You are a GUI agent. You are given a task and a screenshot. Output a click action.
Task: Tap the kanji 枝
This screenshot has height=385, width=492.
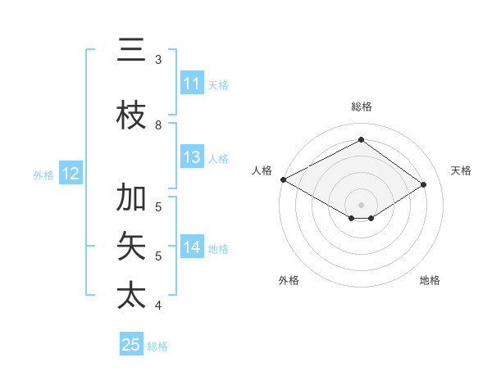coord(131,115)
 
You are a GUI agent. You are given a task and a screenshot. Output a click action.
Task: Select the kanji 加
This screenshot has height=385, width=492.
coord(131,197)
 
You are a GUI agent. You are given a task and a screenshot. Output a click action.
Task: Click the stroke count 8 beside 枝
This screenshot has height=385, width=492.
coord(158,125)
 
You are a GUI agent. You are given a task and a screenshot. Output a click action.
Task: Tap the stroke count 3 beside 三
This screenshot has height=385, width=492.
coord(158,60)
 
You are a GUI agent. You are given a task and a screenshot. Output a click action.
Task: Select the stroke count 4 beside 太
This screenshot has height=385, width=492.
coord(158,306)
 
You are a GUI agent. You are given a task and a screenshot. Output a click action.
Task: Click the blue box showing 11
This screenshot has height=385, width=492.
coord(192,84)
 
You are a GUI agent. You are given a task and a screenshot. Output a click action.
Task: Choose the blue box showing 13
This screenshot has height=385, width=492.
coord(192,157)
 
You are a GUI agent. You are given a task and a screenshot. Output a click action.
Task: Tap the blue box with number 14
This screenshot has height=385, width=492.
coord(192,247)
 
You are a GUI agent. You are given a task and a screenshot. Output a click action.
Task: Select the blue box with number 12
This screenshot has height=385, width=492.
coord(70,174)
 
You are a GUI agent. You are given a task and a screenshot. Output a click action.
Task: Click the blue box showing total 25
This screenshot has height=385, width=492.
coord(131,345)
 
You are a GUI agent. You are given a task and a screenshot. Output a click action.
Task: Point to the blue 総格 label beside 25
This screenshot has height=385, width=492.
coord(158,346)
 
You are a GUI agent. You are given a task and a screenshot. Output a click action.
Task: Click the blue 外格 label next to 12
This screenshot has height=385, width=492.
coord(43,174)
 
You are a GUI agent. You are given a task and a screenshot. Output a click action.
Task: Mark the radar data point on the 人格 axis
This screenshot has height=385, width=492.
coord(283,179)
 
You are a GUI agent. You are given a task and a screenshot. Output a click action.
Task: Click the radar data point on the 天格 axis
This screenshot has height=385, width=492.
coord(423,185)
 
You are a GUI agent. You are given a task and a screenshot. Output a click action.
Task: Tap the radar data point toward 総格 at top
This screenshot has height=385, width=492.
coord(361,140)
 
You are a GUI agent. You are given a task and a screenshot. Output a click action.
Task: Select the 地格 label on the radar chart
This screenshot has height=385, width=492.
coord(430,280)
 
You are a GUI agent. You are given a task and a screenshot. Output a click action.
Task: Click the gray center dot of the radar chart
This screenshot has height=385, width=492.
coord(361,203)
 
